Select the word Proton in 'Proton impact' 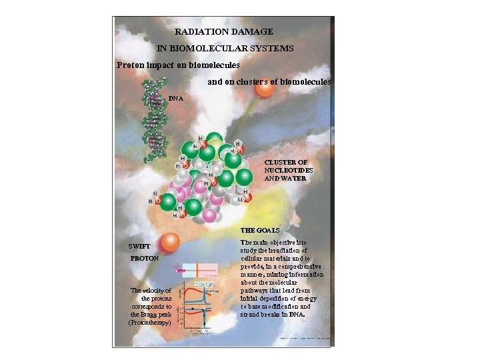pos(131,65)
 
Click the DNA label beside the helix pos(176,98)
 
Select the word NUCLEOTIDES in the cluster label pos(289,170)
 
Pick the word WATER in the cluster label pos(294,178)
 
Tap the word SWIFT pos(140,245)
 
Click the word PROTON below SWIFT pos(144,257)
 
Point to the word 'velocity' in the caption pos(159,291)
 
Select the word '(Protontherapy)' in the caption pos(150,323)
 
